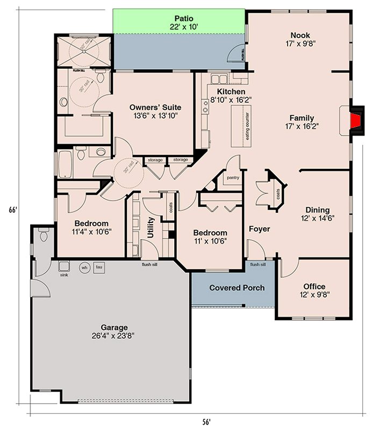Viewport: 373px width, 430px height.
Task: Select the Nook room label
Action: [x=299, y=35]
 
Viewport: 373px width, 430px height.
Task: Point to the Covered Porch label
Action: [x=236, y=288]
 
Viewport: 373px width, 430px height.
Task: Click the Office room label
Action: [x=314, y=286]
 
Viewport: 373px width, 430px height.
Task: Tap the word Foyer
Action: [x=259, y=229]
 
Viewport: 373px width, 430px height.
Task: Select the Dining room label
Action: [x=318, y=210]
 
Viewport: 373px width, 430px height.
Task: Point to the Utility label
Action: [x=151, y=227]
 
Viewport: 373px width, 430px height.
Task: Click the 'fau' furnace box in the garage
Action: [x=99, y=267]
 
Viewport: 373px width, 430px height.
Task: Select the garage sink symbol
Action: [x=64, y=267]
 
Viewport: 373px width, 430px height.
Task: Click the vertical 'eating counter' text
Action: [x=248, y=125]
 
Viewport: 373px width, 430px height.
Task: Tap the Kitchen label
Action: [x=231, y=91]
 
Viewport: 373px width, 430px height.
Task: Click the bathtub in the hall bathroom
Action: [x=64, y=163]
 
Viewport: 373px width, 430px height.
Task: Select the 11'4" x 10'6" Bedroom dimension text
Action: [x=91, y=232]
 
